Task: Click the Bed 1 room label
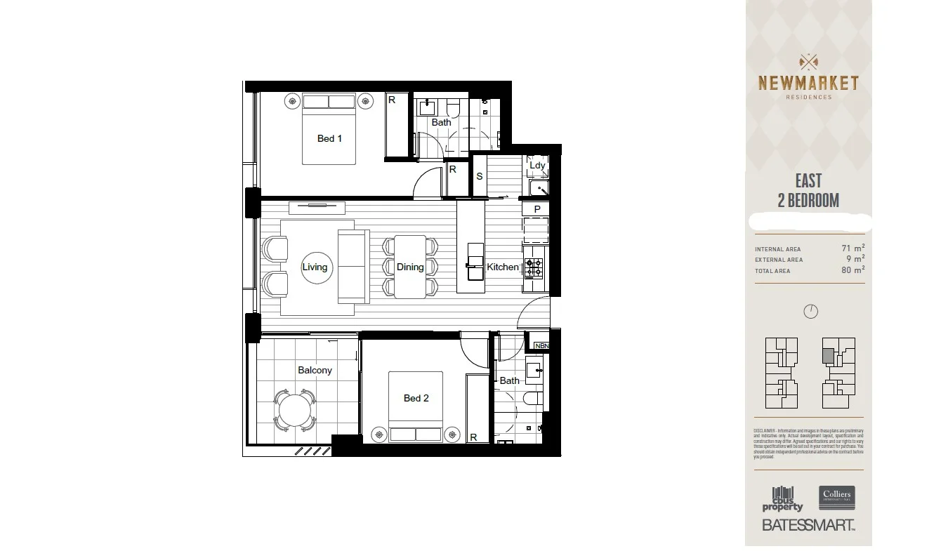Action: (x=329, y=138)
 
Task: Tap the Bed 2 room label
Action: (x=416, y=398)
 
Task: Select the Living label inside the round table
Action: (x=315, y=267)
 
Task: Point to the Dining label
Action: (x=410, y=267)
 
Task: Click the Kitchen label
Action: (x=503, y=267)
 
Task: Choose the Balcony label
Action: (x=315, y=370)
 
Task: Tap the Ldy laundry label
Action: (x=537, y=166)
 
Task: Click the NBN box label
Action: (x=541, y=346)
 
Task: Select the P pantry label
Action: (x=537, y=209)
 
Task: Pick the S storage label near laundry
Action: (x=480, y=176)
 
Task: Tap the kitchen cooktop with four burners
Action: (x=534, y=267)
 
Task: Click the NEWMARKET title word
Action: (x=808, y=84)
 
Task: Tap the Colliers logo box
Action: (x=836, y=498)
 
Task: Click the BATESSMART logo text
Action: (x=808, y=525)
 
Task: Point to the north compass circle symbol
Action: (x=810, y=311)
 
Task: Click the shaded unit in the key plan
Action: (x=829, y=356)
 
